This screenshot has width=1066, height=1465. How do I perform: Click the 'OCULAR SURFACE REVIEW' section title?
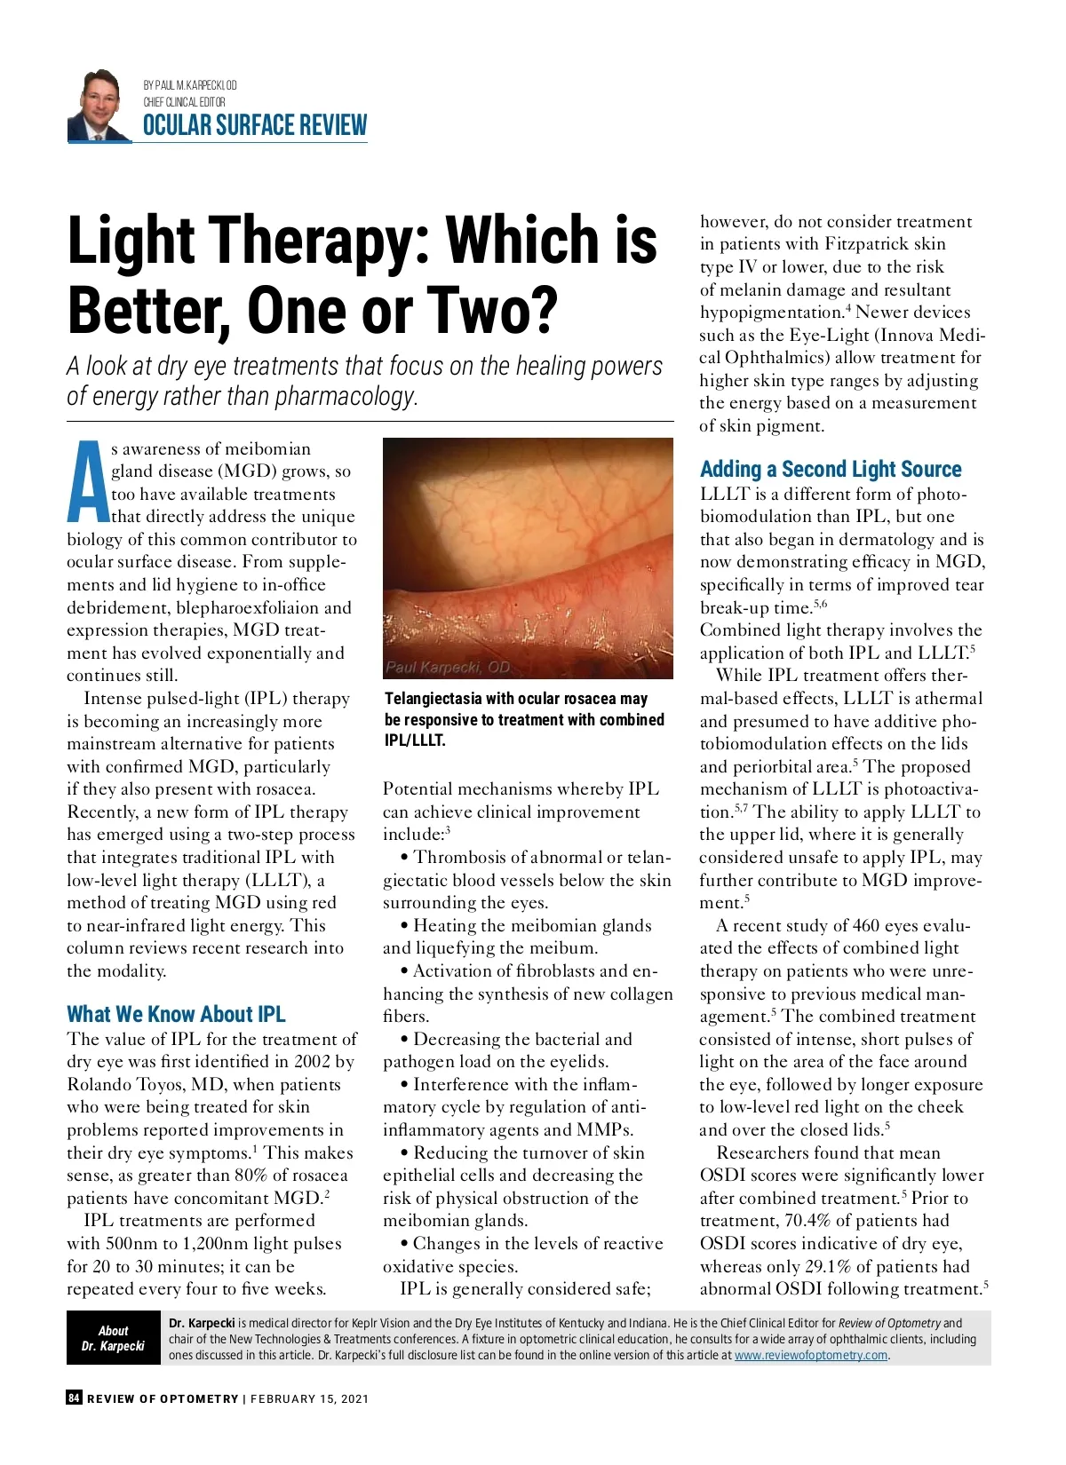[x=255, y=126]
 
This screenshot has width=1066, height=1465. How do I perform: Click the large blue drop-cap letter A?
[x=87, y=481]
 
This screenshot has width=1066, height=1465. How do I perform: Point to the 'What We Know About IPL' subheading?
[x=176, y=1014]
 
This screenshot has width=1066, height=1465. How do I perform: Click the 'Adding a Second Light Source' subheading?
[x=831, y=469]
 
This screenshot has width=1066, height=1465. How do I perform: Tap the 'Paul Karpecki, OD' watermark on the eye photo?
[x=447, y=667]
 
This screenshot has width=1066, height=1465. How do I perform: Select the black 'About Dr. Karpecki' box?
[x=113, y=1338]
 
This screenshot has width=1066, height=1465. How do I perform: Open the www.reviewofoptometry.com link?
[x=811, y=1355]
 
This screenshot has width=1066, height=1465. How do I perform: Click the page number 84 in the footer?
[x=74, y=1398]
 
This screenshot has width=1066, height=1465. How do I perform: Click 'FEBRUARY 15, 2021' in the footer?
[x=310, y=1398]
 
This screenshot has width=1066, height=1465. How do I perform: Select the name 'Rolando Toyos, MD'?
[x=146, y=1085]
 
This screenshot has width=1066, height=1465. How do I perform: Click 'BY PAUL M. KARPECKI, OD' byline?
[x=190, y=85]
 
